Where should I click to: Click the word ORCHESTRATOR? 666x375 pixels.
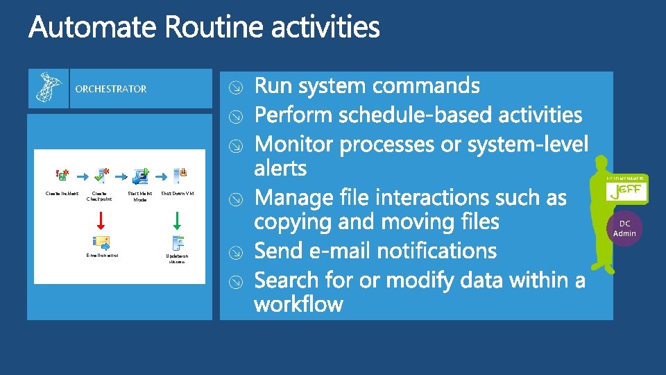coord(111,89)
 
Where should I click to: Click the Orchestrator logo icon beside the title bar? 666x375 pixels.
coord(49,87)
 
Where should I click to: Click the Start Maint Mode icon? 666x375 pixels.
coord(142,176)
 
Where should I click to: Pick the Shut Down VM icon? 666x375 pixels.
coord(179,176)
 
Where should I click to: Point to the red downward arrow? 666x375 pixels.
coord(100,219)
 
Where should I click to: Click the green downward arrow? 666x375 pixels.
coord(177,219)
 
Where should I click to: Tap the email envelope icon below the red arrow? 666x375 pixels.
coord(101,243)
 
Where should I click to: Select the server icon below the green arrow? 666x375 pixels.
coord(178,243)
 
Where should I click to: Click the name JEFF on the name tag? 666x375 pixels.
coord(626,191)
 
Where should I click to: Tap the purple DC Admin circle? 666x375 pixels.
coord(624,228)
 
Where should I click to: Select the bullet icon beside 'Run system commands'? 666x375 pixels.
coord(236,87)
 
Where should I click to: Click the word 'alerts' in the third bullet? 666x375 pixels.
coord(280,168)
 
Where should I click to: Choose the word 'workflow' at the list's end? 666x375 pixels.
coord(298,304)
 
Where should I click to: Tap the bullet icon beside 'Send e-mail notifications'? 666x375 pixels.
coord(236,252)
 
